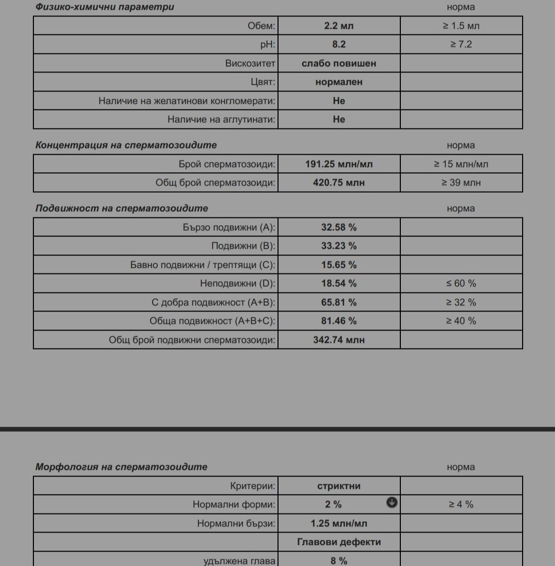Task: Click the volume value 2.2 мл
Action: (x=339, y=26)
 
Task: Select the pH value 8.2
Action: (x=339, y=44)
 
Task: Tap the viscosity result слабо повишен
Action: (x=339, y=63)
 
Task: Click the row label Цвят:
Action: (x=263, y=82)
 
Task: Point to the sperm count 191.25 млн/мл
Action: (x=339, y=165)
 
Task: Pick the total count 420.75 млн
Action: (x=339, y=182)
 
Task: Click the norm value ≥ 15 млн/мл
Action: (x=461, y=165)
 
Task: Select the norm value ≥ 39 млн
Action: (x=461, y=182)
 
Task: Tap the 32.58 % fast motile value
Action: (x=339, y=227)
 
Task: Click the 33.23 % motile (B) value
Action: (x=339, y=246)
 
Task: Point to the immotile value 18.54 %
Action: (x=339, y=283)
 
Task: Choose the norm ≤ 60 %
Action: (x=461, y=283)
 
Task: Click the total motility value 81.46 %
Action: (x=339, y=321)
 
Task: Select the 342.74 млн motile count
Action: (x=339, y=340)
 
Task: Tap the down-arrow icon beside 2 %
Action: (x=392, y=503)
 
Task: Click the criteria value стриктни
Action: (x=339, y=486)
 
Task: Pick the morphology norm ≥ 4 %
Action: (x=461, y=504)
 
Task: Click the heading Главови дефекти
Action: (x=339, y=542)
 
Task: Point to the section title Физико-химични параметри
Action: (x=104, y=7)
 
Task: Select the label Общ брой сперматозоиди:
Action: (x=215, y=182)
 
